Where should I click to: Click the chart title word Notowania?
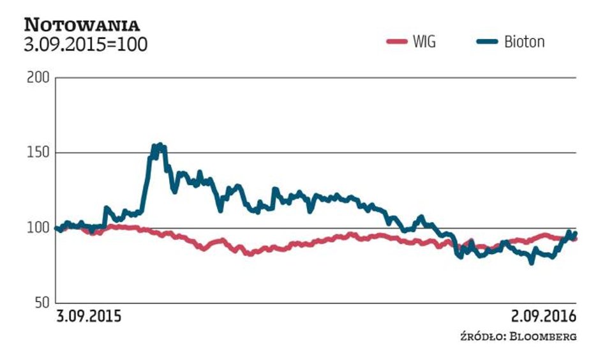coord(82,25)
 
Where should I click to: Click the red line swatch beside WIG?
coord(396,42)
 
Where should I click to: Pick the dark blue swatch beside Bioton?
coord(486,42)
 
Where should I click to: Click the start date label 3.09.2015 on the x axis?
coord(89,317)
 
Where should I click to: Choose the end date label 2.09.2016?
coord(543,317)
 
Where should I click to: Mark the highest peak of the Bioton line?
coord(158,145)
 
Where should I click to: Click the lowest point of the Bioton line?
coord(532,262)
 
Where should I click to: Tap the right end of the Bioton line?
coord(576,234)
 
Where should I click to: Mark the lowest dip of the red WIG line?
coord(250,253)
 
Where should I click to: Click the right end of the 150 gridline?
coord(576,153)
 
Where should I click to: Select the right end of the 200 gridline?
coord(576,78)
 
